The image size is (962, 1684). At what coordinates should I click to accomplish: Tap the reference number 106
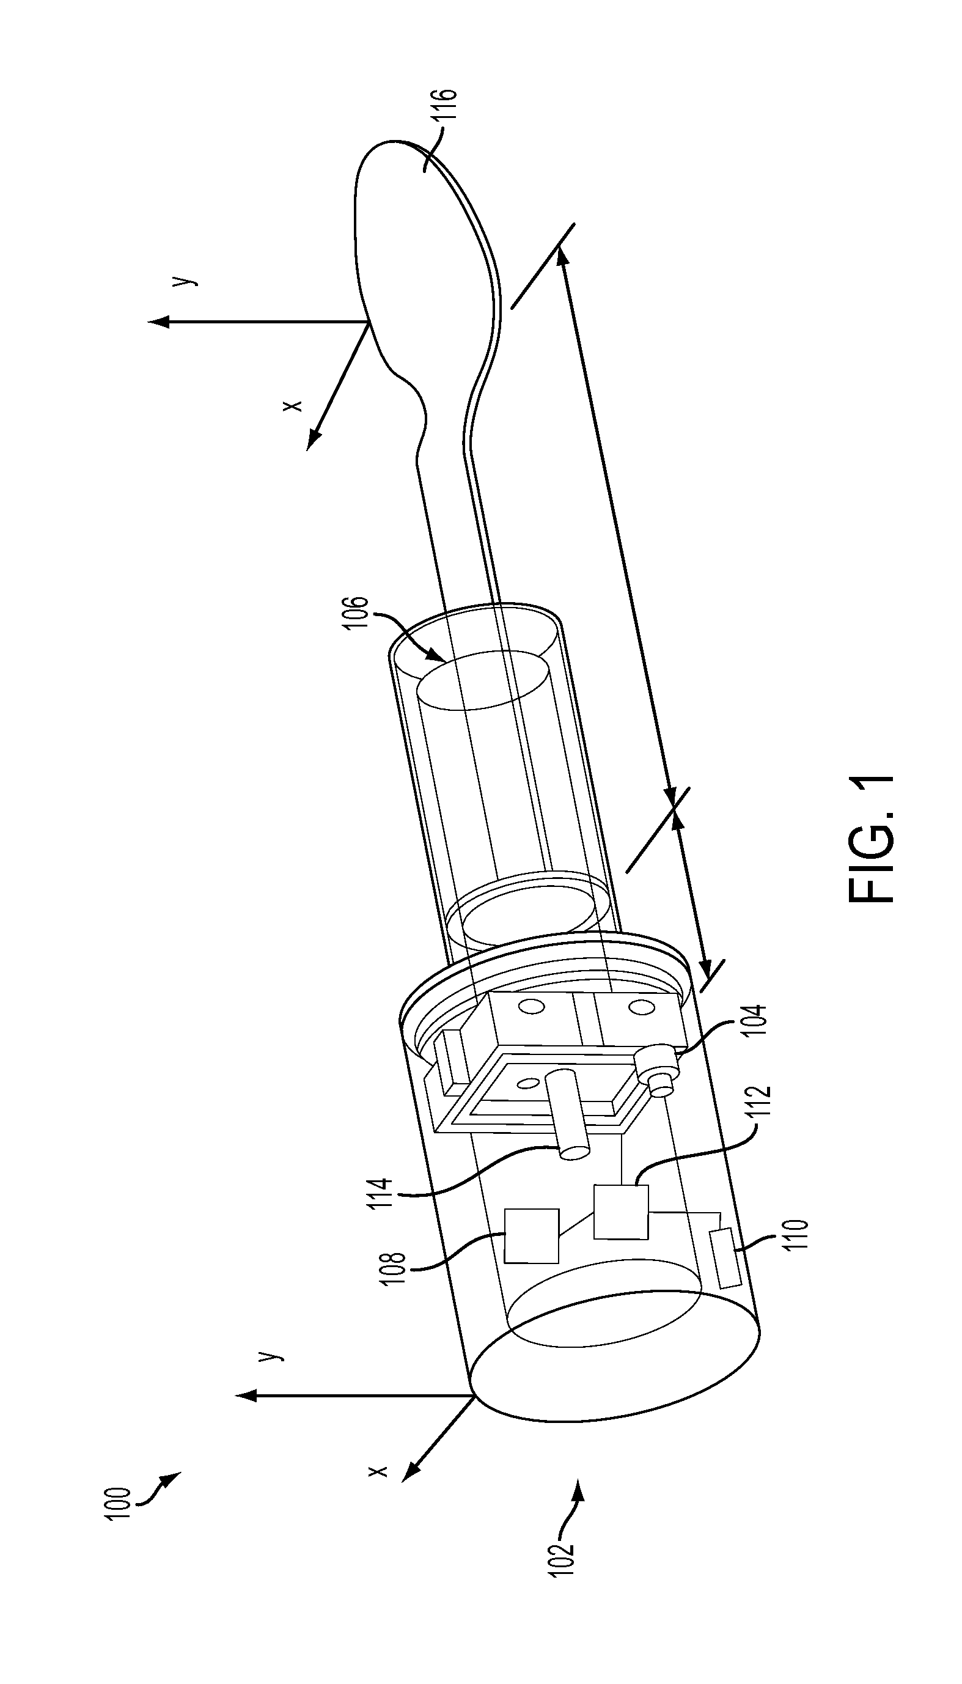(x=355, y=614)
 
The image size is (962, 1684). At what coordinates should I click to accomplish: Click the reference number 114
(x=384, y=1191)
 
